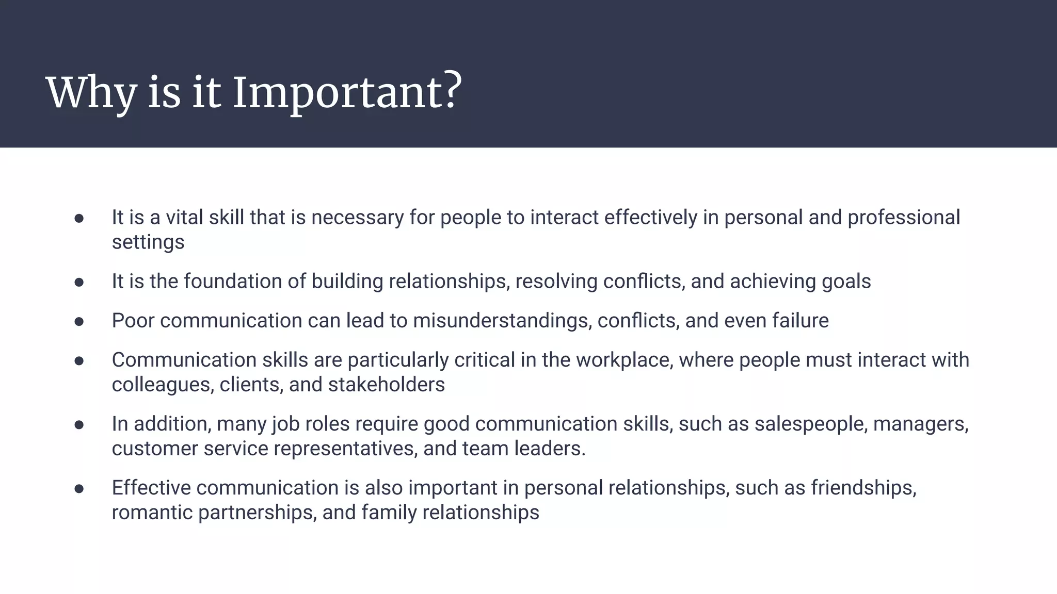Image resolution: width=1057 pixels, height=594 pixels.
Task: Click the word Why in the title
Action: pos(91,93)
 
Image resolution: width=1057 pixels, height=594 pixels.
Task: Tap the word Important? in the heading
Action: pos(347,93)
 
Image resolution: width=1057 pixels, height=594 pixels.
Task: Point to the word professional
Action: pos(904,218)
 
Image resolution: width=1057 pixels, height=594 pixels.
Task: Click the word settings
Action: pos(148,242)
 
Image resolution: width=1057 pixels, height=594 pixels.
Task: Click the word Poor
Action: pos(133,321)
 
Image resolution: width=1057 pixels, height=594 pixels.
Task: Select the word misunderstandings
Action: pos(502,321)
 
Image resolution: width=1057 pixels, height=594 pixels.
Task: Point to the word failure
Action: pos(800,321)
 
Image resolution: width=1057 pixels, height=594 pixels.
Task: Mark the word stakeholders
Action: pos(387,385)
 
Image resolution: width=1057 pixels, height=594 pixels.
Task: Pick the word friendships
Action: pos(863,488)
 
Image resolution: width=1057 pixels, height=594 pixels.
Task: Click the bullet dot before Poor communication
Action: pos(79,322)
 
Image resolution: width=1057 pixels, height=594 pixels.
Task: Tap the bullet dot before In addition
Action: pos(79,425)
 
